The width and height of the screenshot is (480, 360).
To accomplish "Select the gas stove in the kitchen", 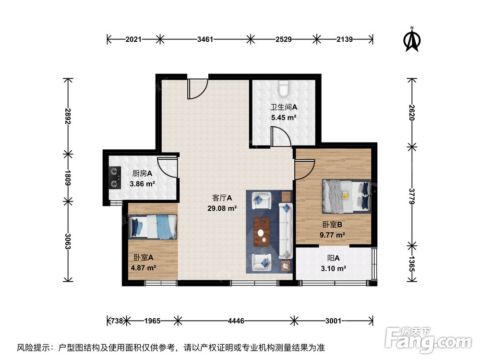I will (115, 177).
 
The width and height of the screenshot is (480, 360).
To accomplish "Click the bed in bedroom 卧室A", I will (154, 226).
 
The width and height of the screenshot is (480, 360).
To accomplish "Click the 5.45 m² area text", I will (283, 117).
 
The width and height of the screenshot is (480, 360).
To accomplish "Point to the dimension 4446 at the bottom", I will (235, 320).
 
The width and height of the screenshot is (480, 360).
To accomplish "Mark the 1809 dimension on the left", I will (69, 177).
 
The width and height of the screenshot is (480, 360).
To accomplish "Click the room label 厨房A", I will (143, 174).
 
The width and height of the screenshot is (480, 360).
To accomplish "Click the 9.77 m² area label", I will (333, 235).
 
